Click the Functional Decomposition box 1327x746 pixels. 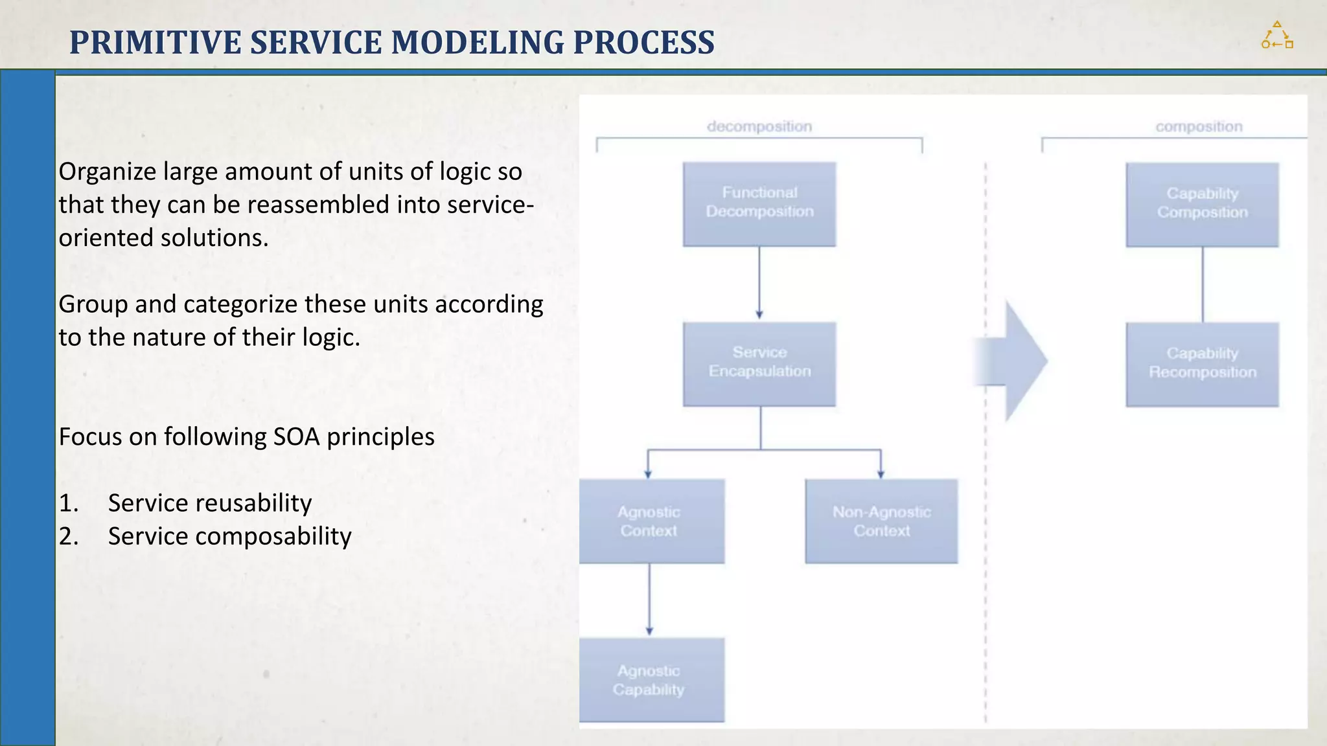coord(759,204)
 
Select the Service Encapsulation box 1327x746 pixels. coord(759,364)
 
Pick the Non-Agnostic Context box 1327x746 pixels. coord(881,521)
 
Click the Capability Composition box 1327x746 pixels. coord(1202,204)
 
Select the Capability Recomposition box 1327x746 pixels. coord(1202,364)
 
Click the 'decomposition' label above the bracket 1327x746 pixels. coord(759,126)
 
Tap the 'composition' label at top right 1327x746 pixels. coord(1199,126)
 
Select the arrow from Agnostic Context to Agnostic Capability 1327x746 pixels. coord(649,599)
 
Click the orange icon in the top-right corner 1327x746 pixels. coord(1277,36)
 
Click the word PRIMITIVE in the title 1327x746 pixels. coord(156,43)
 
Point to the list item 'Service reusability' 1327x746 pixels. coord(209,503)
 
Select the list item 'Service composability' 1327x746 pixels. coord(229,536)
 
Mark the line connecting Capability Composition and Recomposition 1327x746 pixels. coord(1203,285)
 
